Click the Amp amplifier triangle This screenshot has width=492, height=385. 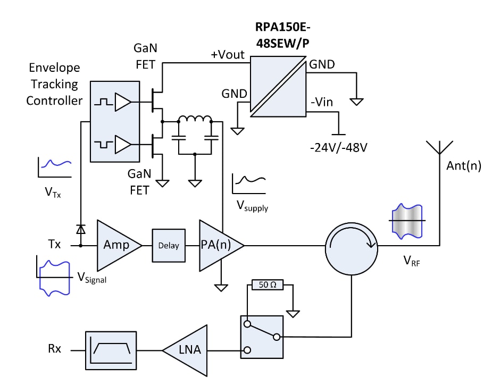(x=116, y=245)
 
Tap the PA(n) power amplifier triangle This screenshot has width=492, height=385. (x=218, y=245)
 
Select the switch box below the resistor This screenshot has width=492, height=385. (x=261, y=336)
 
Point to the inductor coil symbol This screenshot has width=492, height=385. (x=195, y=119)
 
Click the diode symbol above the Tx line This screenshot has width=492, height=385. (x=81, y=229)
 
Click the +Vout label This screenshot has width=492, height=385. (x=228, y=55)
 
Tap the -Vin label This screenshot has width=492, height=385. (x=322, y=102)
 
